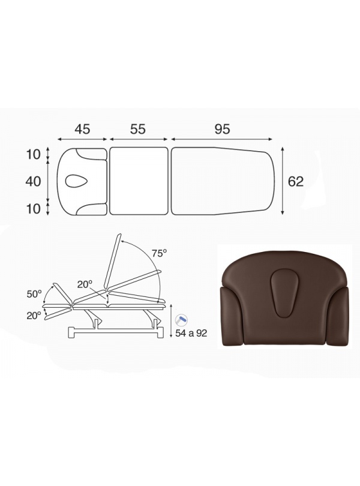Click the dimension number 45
82,129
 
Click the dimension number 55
137,129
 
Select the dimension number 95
222,129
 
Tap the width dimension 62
296,181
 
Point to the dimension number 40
33,181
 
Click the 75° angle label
160,253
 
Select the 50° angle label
34,294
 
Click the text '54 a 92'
191,333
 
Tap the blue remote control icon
181,319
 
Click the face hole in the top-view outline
76,181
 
